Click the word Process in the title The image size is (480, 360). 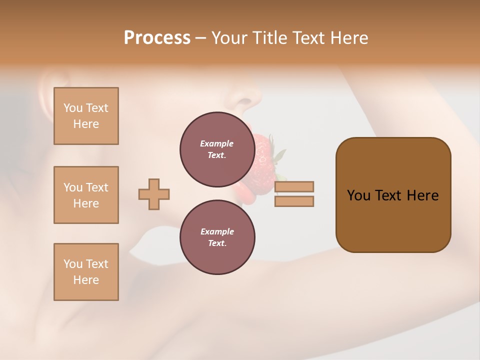coord(157,38)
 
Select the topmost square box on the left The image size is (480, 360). coord(86,116)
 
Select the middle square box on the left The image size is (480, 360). coord(86,195)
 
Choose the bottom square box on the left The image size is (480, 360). coord(86,271)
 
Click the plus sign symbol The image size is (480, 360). coord(154,194)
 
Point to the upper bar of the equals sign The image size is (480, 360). coord(294,186)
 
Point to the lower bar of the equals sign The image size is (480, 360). coord(294,201)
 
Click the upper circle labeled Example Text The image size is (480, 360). coord(217,149)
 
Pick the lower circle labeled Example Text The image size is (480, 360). coord(217,237)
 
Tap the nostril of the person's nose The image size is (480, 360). coord(245,102)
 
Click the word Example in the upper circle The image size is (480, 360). coord(217,143)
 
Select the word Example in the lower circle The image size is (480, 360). coord(217,231)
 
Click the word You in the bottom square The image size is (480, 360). coord(73,264)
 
